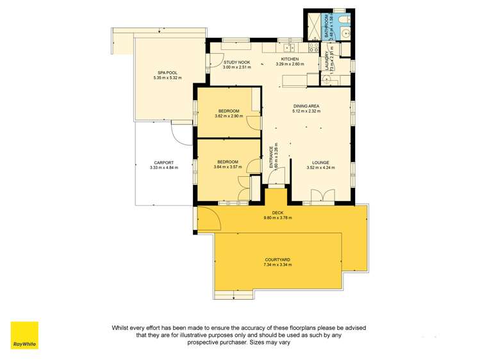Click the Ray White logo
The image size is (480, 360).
point(24,335)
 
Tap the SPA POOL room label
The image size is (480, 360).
point(167,73)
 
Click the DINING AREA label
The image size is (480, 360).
point(306,106)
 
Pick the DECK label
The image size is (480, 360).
point(277,213)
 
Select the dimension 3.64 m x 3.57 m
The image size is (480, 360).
point(228,167)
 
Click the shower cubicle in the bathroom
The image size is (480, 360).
point(313,27)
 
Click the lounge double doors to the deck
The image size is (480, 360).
point(322,196)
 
